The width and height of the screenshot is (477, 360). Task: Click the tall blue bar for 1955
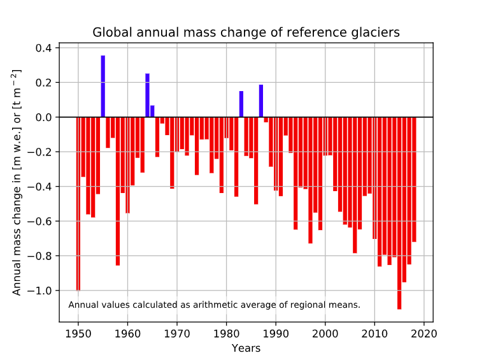103,86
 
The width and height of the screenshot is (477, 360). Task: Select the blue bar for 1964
147,96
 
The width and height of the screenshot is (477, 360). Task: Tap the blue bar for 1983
241,104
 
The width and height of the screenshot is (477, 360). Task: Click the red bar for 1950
78,204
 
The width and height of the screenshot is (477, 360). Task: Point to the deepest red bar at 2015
399,213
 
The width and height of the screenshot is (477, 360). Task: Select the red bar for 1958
118,191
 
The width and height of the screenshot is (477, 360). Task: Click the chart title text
246,32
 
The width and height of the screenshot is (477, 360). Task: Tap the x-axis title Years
246,349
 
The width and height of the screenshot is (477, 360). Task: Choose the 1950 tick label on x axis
78,333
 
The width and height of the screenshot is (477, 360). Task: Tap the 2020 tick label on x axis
424,333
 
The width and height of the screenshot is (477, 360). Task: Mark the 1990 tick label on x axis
276,333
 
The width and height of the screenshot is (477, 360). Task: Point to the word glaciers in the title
378,32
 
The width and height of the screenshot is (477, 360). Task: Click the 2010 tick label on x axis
374,333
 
